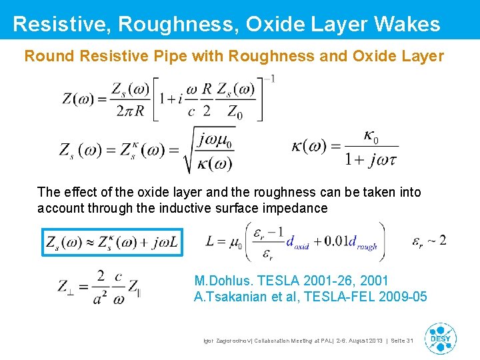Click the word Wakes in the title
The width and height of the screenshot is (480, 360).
pos(407,25)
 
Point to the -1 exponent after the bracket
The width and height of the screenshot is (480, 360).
pos(269,79)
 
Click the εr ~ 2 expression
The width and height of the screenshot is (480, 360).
pos(429,240)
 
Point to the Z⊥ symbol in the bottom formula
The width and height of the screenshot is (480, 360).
pos(71,287)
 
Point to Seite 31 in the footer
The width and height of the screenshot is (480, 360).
pos(402,341)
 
